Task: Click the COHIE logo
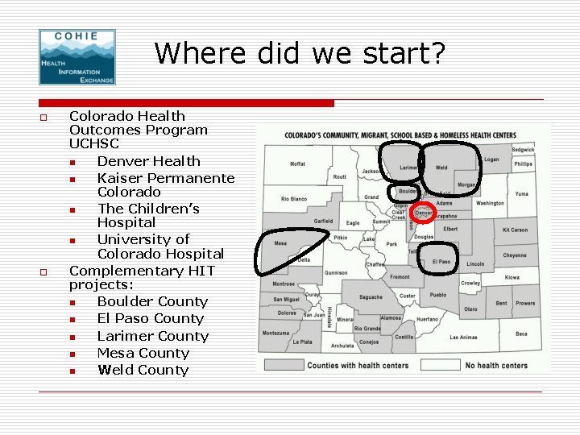[77, 56]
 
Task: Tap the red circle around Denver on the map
[423, 213]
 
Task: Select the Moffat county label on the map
[298, 164]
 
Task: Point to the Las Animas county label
[463, 338]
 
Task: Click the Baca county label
[521, 333]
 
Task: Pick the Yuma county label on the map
[522, 194]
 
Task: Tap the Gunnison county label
[336, 273]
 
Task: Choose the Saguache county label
[371, 297]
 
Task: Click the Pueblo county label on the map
[438, 296]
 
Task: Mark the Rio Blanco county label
[294, 199]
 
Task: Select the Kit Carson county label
[515, 230]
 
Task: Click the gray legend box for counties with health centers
[283, 365]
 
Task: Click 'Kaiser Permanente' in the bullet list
[166, 178]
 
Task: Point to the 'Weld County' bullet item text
[143, 370]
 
